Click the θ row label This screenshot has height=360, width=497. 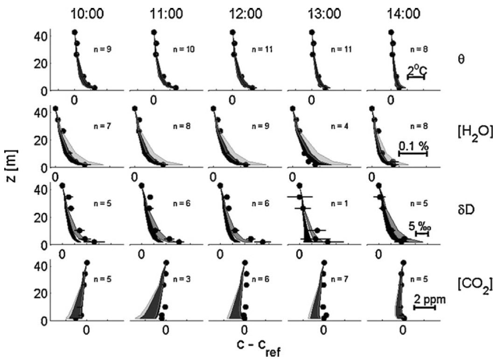tap(462, 60)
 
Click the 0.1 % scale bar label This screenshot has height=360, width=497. tap(413, 147)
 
